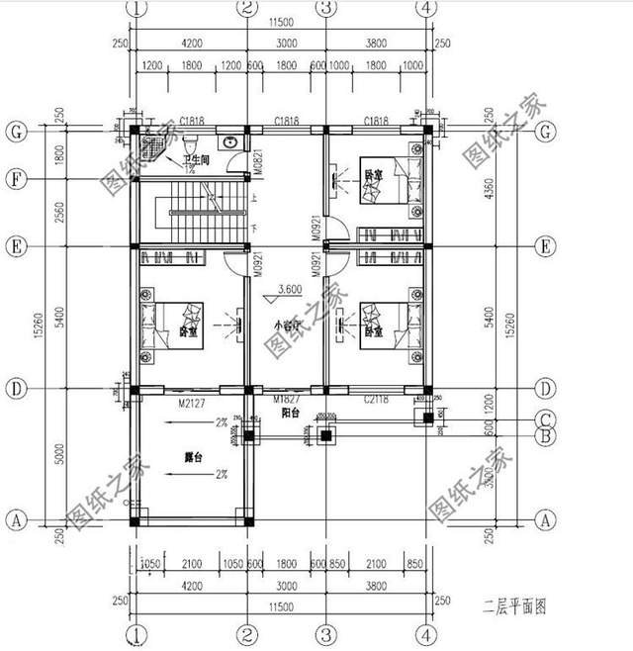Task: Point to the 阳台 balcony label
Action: (x=290, y=413)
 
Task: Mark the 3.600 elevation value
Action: (x=290, y=290)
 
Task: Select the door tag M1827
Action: (x=287, y=399)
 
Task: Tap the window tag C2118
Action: (x=377, y=400)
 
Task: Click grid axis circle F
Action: (x=15, y=179)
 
